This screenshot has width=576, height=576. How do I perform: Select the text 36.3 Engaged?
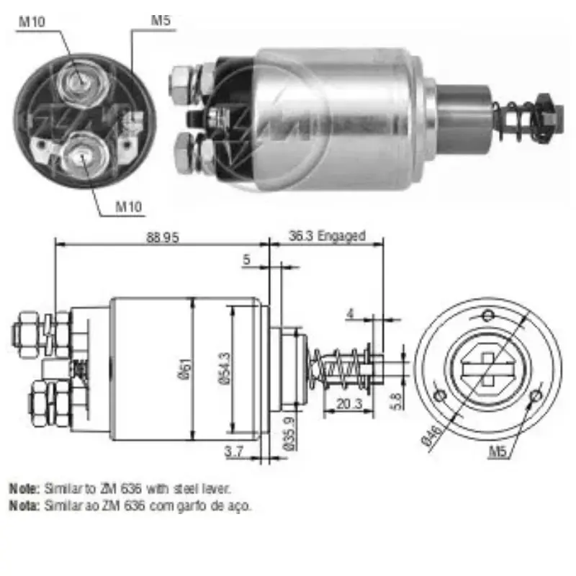tap(326, 235)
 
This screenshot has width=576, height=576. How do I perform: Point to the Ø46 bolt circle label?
tap(431, 437)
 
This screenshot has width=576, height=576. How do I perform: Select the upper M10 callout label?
tap(32, 21)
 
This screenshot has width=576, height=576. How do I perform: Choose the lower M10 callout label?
tap(130, 207)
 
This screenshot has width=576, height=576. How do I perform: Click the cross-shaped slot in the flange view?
tap(487, 369)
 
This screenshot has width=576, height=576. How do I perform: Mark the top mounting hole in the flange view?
tap(487, 314)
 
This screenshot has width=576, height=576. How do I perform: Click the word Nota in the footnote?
tap(24, 506)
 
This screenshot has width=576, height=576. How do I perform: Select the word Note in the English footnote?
tap(24, 488)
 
